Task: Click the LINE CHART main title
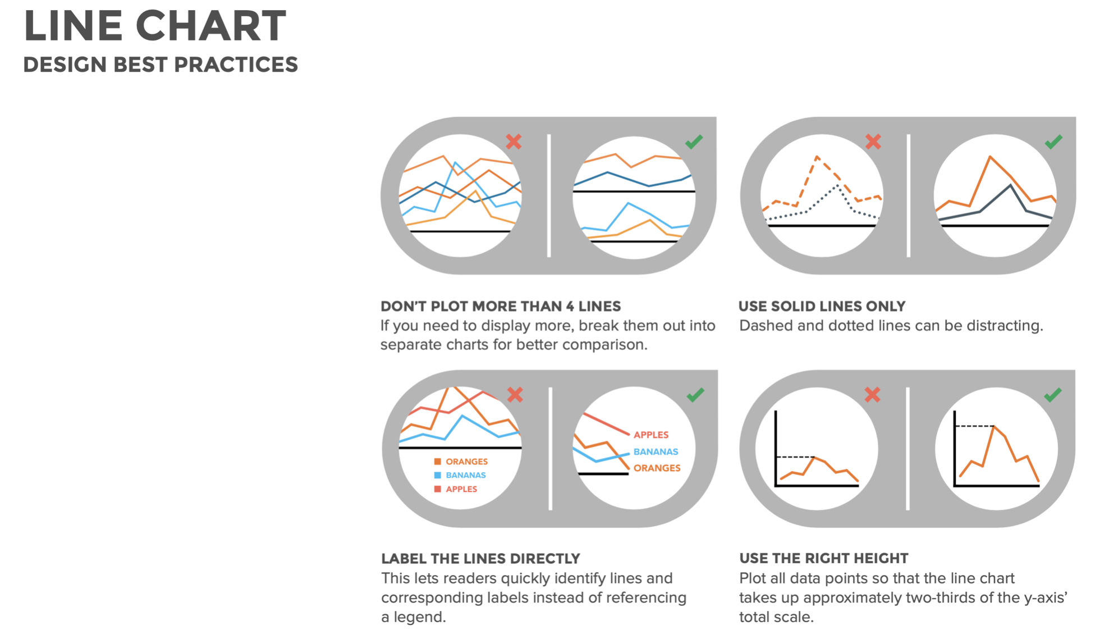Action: point(155,26)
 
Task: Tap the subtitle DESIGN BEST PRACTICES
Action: point(161,65)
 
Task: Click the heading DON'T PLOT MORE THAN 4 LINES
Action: point(501,306)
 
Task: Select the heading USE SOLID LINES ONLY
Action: point(822,306)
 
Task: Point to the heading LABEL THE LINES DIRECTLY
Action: point(480,559)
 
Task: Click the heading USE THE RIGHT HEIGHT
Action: point(823,558)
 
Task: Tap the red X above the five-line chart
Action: point(514,141)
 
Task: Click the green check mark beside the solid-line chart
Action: point(1053,142)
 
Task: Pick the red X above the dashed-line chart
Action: point(873,141)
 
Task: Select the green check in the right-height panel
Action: point(1052,395)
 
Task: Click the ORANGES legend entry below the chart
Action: point(461,462)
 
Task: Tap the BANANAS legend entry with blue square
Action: point(460,475)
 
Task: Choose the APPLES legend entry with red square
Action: point(455,489)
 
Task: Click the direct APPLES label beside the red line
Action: point(651,435)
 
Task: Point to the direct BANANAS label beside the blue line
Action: point(656,451)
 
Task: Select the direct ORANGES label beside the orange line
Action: point(657,468)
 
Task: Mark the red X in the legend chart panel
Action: point(515,395)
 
